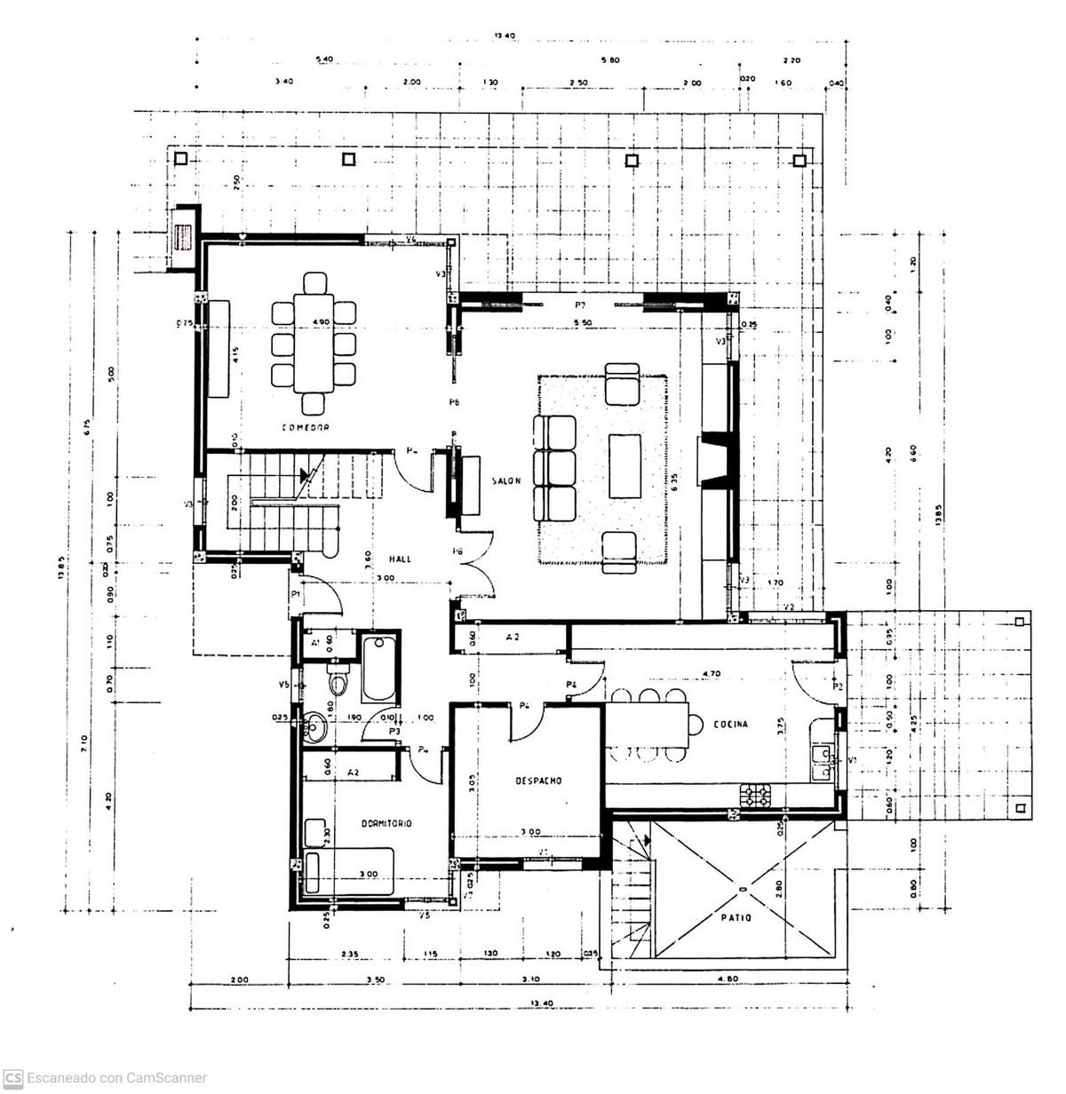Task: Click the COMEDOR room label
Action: tap(306, 427)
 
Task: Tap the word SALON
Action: tap(505, 480)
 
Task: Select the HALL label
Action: tap(402, 559)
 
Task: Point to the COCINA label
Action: tap(730, 724)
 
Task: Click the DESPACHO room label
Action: tap(538, 781)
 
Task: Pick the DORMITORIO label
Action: tap(386, 823)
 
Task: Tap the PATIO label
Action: tap(737, 917)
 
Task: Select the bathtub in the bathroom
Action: tap(379, 667)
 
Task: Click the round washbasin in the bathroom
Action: tap(314, 726)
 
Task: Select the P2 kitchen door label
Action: tap(837, 686)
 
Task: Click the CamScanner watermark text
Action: tap(115, 1078)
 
